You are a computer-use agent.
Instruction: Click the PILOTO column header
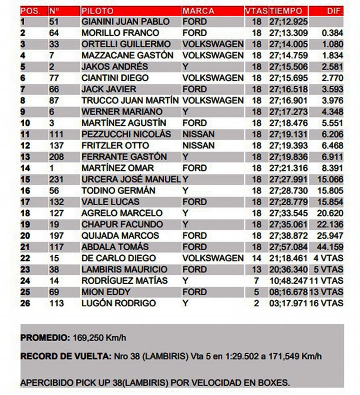click(97, 10)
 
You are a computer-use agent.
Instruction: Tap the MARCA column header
click(198, 10)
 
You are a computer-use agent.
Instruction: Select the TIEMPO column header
click(285, 10)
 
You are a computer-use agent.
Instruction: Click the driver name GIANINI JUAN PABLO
click(126, 22)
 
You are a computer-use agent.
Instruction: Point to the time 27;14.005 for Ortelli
click(288, 45)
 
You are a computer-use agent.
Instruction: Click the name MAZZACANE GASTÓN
click(127, 55)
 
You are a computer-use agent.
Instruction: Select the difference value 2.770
click(332, 78)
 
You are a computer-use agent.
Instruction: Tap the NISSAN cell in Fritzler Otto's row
click(198, 145)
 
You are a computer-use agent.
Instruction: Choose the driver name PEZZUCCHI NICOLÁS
click(126, 135)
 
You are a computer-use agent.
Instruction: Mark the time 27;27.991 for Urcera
click(288, 180)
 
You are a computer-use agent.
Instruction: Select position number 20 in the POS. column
click(26, 236)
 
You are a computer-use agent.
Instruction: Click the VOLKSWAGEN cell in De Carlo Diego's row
click(213, 258)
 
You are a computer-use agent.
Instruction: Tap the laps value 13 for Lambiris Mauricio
click(256, 269)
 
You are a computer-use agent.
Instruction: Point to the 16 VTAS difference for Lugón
click(326, 303)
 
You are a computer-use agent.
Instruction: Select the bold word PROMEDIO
click(45, 338)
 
